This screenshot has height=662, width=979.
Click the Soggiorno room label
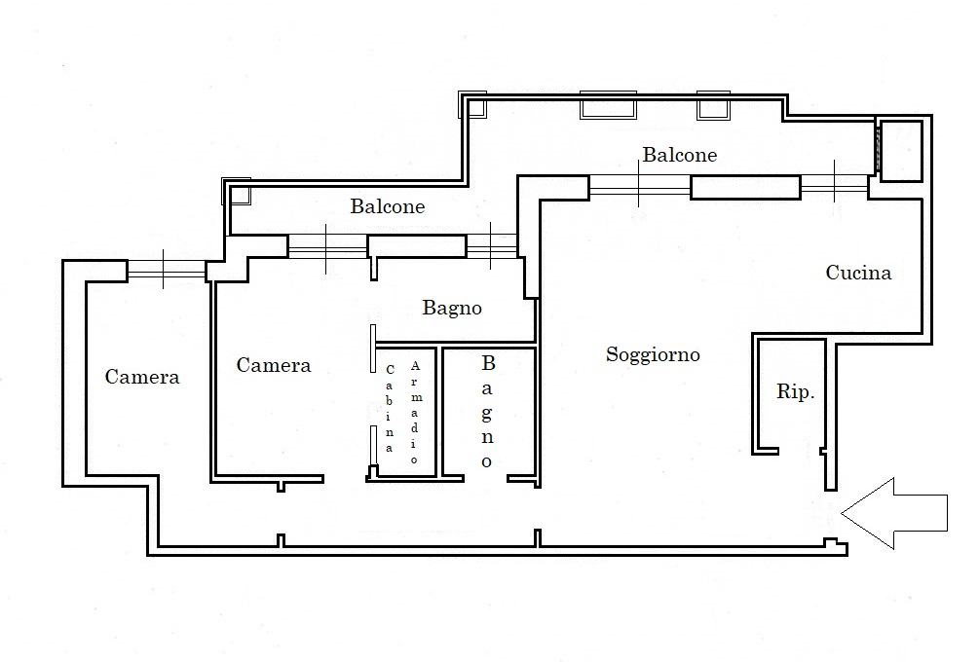coord(653,355)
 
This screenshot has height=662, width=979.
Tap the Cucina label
coord(858,272)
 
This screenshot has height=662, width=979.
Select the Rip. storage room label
coord(796,391)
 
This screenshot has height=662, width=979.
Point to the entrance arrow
coord(894,513)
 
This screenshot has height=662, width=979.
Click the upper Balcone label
coord(680,154)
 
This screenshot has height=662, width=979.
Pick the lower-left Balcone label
coord(387,205)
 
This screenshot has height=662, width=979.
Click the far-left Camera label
coord(141,376)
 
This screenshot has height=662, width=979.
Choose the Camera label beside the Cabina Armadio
coord(274,365)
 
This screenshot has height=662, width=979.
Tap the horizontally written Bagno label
coord(452,308)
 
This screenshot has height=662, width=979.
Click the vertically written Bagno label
coord(487,412)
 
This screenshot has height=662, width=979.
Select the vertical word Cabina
coord(390,408)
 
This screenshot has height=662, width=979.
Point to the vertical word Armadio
coord(415,412)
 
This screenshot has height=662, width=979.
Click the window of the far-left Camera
coord(167,269)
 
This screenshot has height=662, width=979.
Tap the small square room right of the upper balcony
coord(901,150)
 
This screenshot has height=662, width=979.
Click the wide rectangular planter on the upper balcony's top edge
coord(608,105)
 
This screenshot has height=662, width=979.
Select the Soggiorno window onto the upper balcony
coord(639,184)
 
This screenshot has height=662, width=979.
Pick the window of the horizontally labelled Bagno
coord(491,247)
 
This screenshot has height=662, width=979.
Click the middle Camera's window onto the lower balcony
coord(327,247)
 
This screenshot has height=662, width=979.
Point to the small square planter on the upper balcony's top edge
coord(713,105)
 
